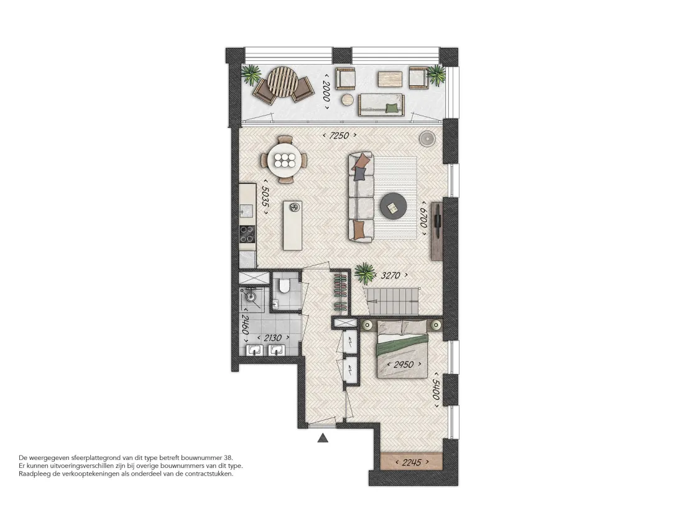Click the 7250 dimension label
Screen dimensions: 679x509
(x=339, y=135)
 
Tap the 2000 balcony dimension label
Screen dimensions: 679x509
(x=326, y=91)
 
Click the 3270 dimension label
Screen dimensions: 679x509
(x=390, y=275)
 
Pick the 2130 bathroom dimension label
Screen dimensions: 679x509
(x=273, y=338)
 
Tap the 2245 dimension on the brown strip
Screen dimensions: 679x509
(x=412, y=462)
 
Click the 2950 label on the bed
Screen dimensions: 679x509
(x=403, y=365)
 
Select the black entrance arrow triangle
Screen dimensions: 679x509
(x=323, y=438)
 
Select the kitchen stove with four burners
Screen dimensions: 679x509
(x=247, y=234)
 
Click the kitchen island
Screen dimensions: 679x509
(x=293, y=226)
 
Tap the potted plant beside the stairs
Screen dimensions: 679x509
(x=364, y=273)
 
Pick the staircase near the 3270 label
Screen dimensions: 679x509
(x=393, y=301)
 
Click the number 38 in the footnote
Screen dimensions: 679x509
(x=228, y=457)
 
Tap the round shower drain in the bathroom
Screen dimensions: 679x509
(x=251, y=297)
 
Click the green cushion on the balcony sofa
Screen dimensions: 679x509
(x=392, y=108)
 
